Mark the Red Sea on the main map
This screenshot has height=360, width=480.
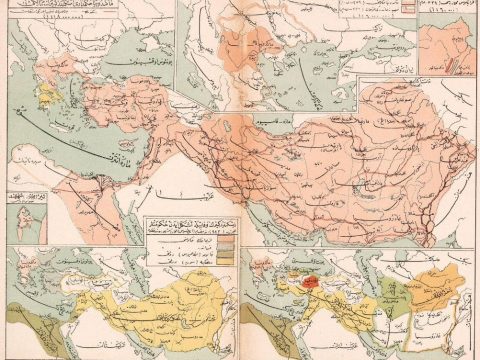[100, 215]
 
